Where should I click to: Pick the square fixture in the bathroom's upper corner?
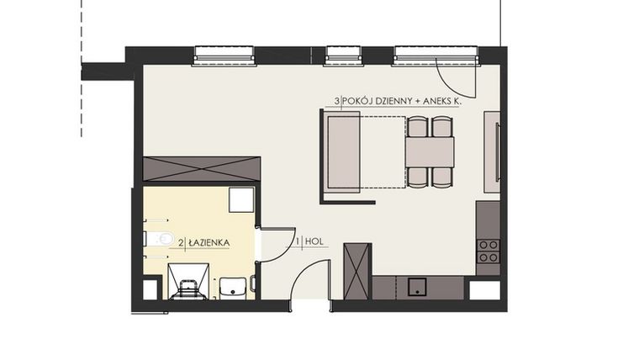coord(241,199)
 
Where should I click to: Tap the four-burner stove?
coord(488,251)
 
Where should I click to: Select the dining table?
coord(429,152)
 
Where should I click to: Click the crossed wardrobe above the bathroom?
coord(202,169)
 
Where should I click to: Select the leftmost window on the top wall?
coord(224,56)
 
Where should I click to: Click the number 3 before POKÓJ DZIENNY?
coord(336,102)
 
